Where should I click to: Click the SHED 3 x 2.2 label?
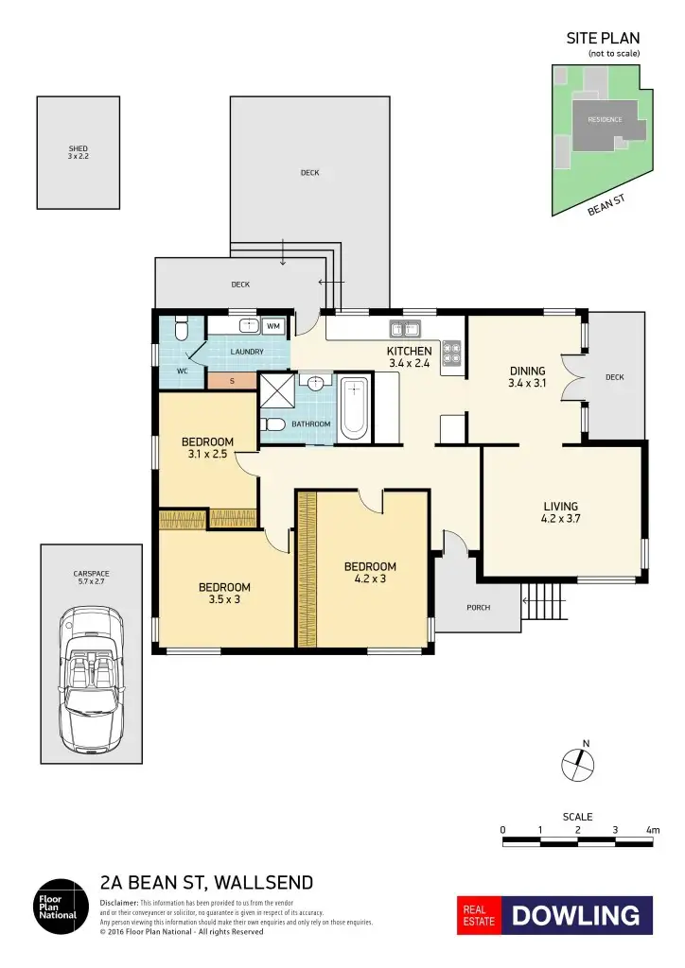[x=78, y=152]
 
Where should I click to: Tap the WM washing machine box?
[x=273, y=326]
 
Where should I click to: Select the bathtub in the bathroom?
[x=354, y=408]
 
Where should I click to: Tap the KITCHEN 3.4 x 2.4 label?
[x=409, y=356]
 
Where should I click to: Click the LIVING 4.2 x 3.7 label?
[x=560, y=511]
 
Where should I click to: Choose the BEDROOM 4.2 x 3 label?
[x=370, y=573]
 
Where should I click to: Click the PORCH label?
[x=479, y=607]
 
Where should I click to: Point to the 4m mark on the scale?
[x=652, y=830]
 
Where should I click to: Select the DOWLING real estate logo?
[x=555, y=915]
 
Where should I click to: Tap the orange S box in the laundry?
[x=232, y=381]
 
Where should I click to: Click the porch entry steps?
[x=540, y=600]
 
